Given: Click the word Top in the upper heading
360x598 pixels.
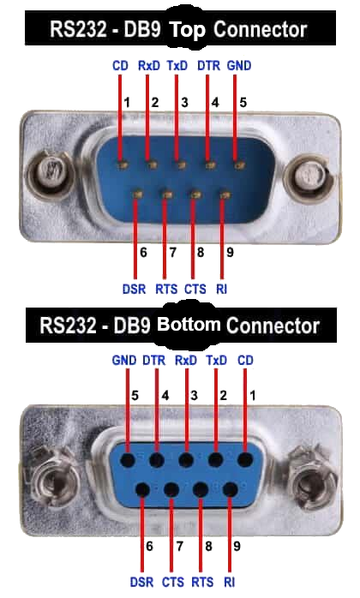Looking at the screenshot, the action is (187, 30).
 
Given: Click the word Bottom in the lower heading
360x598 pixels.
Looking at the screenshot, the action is (189, 325).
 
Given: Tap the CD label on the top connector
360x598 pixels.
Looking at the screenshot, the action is (120, 66).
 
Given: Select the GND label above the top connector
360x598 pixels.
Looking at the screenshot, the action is (239, 66).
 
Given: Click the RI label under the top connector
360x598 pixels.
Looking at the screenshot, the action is (221, 289).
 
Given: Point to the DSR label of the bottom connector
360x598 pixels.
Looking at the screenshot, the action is (141, 583).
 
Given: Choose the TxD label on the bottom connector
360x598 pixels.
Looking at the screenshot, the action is (217, 361).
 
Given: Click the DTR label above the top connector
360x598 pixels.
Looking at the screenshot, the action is (209, 66).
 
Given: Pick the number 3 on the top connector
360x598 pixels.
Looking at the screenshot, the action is (185, 102).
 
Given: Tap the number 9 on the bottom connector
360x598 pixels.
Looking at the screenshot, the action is (237, 546).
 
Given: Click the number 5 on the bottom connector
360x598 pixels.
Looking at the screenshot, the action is (135, 396).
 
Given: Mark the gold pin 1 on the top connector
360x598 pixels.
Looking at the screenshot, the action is (123, 164).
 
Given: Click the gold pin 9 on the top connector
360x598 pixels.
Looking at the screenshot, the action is (225, 195).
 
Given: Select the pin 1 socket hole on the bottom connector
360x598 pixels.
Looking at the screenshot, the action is (246, 459).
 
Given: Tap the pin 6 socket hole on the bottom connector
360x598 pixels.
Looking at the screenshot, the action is (143, 490).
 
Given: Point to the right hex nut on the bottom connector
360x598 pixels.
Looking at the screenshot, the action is (312, 473).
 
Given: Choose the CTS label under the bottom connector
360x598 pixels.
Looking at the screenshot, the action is (173, 583).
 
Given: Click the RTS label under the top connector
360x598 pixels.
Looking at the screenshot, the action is (166, 289).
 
